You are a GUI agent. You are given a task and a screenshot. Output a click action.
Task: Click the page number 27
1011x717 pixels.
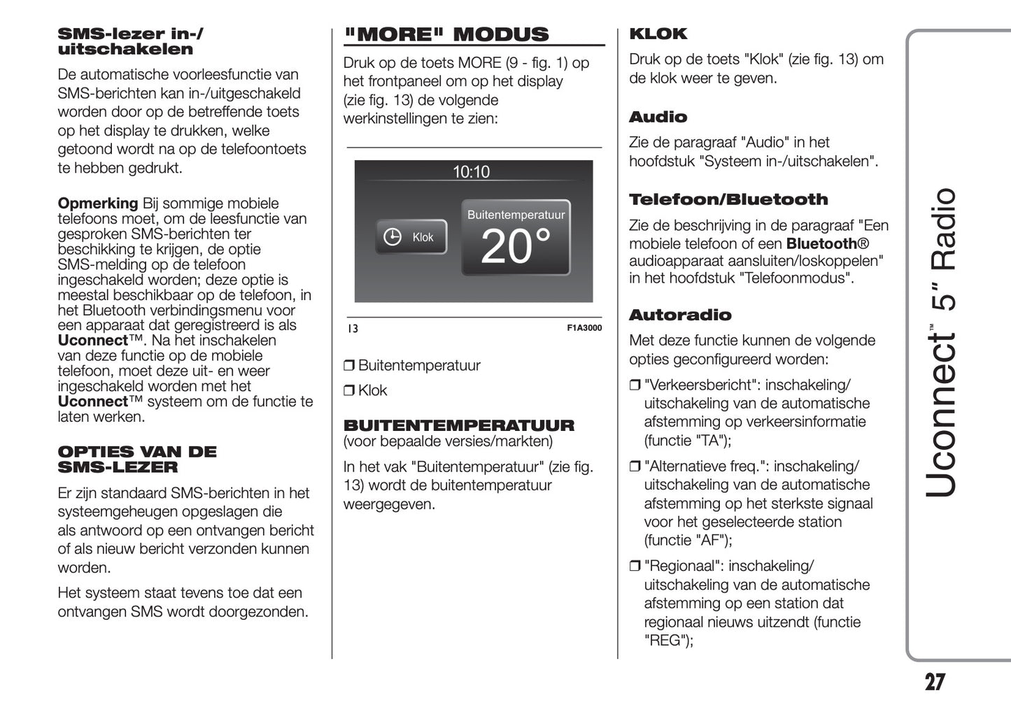pyautogui.click(x=935, y=682)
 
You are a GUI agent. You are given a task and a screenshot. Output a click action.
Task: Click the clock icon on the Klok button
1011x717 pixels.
pyautogui.click(x=393, y=237)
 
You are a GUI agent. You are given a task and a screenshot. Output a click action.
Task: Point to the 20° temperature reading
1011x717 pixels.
pyautogui.click(x=516, y=247)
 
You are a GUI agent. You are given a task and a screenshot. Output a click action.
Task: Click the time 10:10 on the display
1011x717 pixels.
pyautogui.click(x=471, y=172)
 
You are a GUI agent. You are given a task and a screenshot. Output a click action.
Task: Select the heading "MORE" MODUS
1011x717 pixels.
pyautogui.click(x=446, y=35)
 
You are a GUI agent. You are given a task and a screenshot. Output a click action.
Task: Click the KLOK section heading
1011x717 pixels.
pyautogui.click(x=658, y=34)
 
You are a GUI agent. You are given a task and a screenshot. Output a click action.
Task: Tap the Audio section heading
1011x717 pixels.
pyautogui.click(x=658, y=118)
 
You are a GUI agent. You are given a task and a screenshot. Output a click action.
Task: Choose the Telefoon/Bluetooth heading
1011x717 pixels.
pyautogui.click(x=728, y=200)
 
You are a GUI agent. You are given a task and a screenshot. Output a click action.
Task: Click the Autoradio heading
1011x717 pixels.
pyautogui.click(x=679, y=315)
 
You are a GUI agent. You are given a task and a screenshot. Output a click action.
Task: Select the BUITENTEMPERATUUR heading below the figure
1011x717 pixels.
pyautogui.click(x=458, y=425)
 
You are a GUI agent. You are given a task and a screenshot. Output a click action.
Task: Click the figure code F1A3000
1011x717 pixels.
pyautogui.click(x=584, y=328)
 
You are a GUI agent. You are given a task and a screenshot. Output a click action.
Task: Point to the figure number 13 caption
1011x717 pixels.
pyautogui.click(x=353, y=328)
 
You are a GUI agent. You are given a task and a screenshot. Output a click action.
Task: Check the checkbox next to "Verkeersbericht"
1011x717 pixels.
pyautogui.click(x=635, y=385)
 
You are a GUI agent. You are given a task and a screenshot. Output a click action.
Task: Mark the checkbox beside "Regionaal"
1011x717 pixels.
pyautogui.click(x=635, y=567)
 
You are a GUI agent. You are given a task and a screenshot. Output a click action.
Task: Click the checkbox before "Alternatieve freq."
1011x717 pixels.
pyautogui.click(x=635, y=467)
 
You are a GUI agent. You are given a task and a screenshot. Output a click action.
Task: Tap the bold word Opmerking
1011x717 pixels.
pyautogui.click(x=97, y=204)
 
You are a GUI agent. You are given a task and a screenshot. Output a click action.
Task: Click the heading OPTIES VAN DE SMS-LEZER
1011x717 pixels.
pyautogui.click(x=136, y=460)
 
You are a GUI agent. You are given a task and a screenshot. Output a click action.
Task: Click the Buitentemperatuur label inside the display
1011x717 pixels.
pyautogui.click(x=516, y=215)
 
